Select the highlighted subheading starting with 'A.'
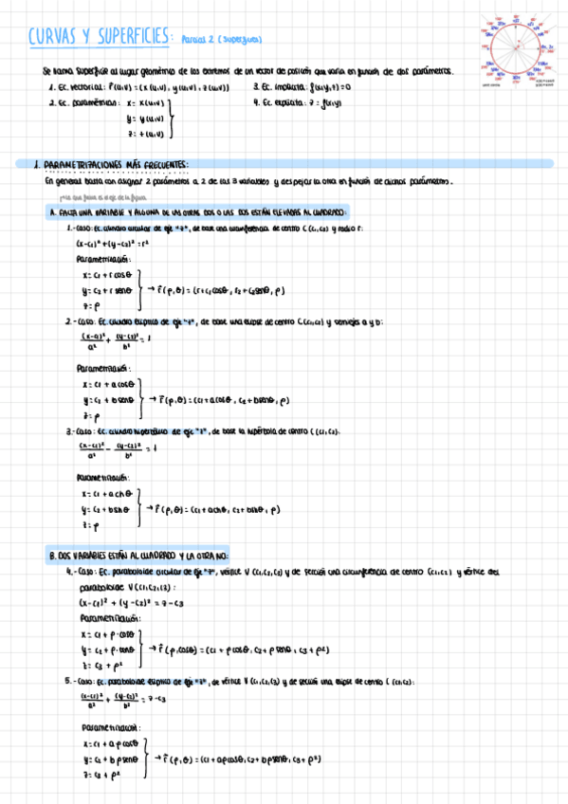point(199,212)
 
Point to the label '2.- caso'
point(79,321)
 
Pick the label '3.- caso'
point(79,431)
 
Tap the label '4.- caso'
point(79,573)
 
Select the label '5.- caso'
point(79,681)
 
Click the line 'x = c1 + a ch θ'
point(107,494)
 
